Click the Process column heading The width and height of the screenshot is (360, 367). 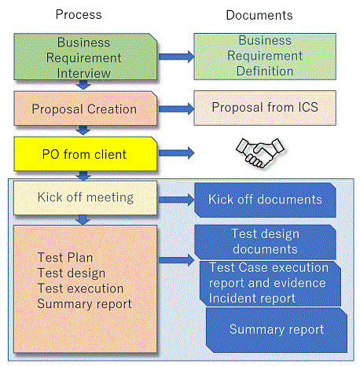click(79, 15)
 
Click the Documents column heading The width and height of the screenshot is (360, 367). click(259, 15)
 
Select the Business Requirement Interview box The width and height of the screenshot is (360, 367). click(86, 57)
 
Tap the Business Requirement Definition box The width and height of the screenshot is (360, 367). click(265, 57)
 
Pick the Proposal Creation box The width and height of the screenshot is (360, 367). click(86, 108)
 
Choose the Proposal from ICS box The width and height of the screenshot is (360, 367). click(265, 108)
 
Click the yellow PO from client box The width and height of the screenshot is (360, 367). click(86, 154)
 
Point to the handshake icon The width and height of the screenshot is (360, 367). click(260, 153)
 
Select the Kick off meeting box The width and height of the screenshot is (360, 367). click(85, 198)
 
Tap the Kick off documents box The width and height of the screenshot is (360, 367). click(265, 200)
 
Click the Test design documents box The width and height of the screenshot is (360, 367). click(265, 242)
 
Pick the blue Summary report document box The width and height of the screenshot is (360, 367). click(277, 330)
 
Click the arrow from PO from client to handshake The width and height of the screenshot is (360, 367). click(176, 153)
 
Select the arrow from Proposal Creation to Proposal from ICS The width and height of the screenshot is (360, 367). click(176, 108)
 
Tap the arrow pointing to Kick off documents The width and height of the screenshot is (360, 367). click(176, 200)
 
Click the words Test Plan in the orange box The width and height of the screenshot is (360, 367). click(65, 258)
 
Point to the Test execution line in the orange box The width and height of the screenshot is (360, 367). click(80, 288)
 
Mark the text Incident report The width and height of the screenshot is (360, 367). click(252, 299)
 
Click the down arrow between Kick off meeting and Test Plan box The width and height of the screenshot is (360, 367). click(83, 220)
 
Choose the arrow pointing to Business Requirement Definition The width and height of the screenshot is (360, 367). click(176, 57)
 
